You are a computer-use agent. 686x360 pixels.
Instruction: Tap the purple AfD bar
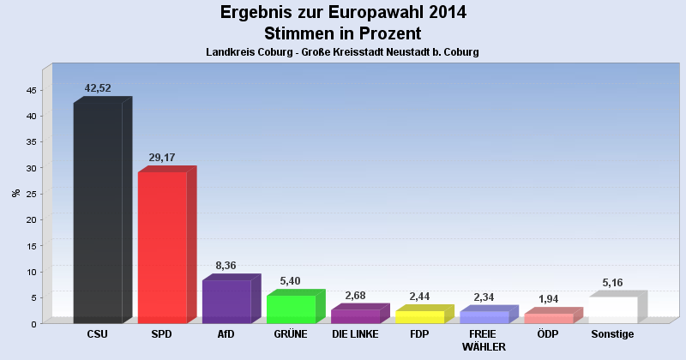226,301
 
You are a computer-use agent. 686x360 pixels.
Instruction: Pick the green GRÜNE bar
291,309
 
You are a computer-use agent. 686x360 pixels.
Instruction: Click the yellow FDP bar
419,316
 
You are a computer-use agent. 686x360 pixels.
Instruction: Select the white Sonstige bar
612,309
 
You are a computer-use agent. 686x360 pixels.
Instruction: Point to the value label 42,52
98,88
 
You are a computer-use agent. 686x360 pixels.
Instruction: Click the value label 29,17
162,158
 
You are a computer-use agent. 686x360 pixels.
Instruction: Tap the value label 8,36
226,266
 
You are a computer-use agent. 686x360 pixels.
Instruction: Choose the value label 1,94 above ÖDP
548,299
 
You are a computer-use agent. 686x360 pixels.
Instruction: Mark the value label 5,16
612,282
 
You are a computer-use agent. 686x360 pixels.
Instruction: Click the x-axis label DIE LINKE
355,334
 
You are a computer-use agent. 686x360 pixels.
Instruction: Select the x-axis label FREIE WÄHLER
484,340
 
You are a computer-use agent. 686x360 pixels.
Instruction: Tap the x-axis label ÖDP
548,334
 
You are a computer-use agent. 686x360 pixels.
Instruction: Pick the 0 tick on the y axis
33,323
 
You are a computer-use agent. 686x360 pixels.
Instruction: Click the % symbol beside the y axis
15,193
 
